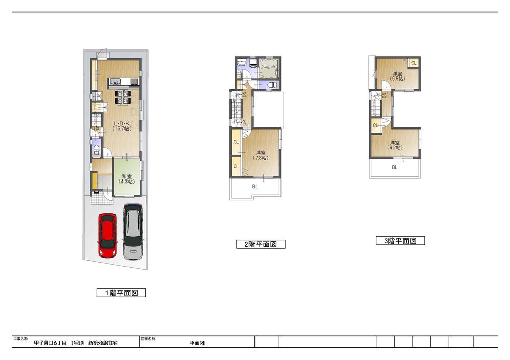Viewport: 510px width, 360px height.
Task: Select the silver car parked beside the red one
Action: point(133,232)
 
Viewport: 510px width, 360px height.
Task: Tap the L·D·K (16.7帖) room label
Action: point(122,126)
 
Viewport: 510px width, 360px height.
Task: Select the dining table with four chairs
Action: point(122,97)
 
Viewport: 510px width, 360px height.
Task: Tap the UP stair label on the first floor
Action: point(96,130)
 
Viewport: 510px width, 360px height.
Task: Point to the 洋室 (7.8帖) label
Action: point(261,155)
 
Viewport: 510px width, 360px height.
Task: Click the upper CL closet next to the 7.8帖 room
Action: point(236,142)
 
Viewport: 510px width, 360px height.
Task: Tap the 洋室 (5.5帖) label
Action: point(397,76)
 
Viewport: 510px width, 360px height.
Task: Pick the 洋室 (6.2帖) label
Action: point(396,145)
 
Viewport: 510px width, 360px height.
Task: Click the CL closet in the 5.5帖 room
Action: point(414,63)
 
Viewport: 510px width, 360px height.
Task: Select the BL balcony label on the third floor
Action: point(395,167)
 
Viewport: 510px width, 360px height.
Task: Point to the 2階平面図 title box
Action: point(261,244)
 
